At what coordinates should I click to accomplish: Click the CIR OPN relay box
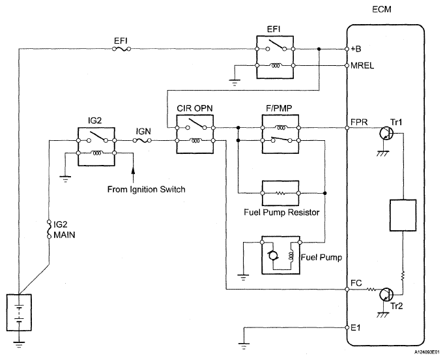tap(195, 134)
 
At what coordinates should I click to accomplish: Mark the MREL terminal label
tap(362, 66)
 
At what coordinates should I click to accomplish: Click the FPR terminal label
tap(360, 122)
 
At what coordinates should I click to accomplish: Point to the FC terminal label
tap(357, 283)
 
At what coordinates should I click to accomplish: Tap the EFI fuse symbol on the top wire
tap(122, 49)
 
